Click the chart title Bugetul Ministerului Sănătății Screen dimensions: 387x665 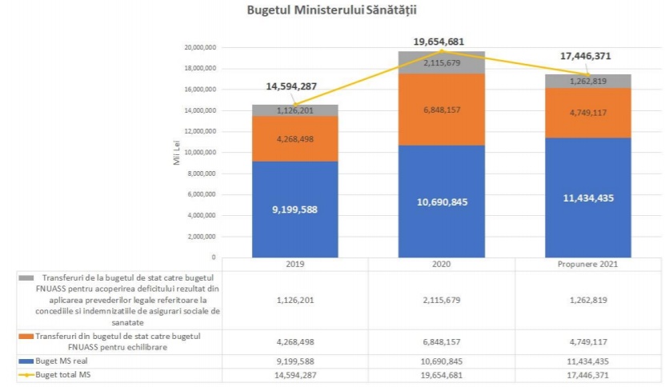click(x=332, y=10)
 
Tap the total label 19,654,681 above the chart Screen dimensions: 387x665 click(x=439, y=42)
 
